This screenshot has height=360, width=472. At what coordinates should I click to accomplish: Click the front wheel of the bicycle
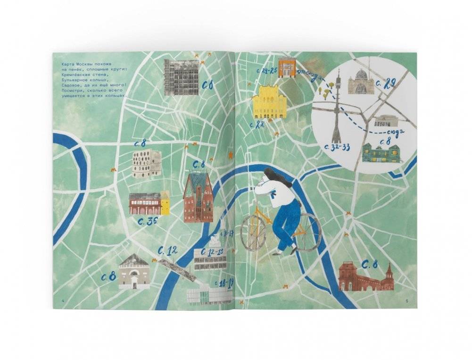[x=254, y=233]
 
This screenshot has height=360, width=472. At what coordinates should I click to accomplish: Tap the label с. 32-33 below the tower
[x=337, y=148]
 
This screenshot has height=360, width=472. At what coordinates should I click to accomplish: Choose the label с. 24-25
[x=266, y=71]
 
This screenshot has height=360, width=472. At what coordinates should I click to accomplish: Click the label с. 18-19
[x=224, y=283]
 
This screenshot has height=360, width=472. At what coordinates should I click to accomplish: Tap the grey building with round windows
[x=146, y=164]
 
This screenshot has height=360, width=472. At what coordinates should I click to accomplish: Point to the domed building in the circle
[x=361, y=82]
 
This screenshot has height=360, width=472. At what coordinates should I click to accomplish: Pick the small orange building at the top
[x=287, y=67]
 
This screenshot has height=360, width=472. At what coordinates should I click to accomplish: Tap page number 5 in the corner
[x=407, y=301]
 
